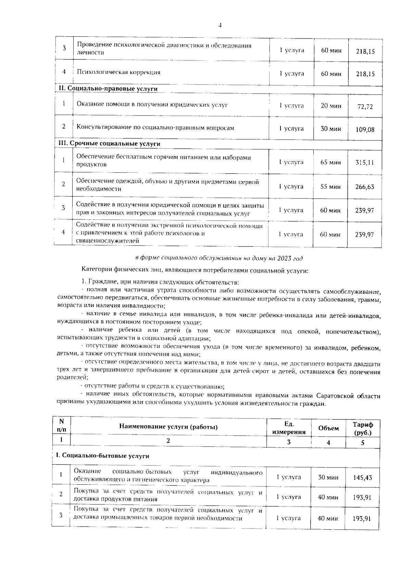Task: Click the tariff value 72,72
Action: pyautogui.click(x=365, y=107)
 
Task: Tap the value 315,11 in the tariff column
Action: pyautogui.click(x=364, y=162)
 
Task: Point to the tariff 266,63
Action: pyautogui.click(x=364, y=187)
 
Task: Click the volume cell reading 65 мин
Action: pyautogui.click(x=330, y=162)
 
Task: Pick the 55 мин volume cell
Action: pyautogui.click(x=330, y=187)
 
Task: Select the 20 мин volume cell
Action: pyautogui.click(x=331, y=106)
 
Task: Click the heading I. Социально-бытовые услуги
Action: pyautogui.click(x=103, y=456)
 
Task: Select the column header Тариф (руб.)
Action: pyautogui.click(x=363, y=428)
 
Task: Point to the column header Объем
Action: pyautogui.click(x=328, y=428)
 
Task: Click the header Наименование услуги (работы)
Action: pyautogui.click(x=168, y=427)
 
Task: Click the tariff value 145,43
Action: pyautogui.click(x=362, y=477)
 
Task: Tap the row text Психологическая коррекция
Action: pyautogui.click(x=119, y=72)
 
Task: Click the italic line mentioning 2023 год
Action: pyautogui.click(x=219, y=258)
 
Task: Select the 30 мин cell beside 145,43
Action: pyautogui.click(x=328, y=477)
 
